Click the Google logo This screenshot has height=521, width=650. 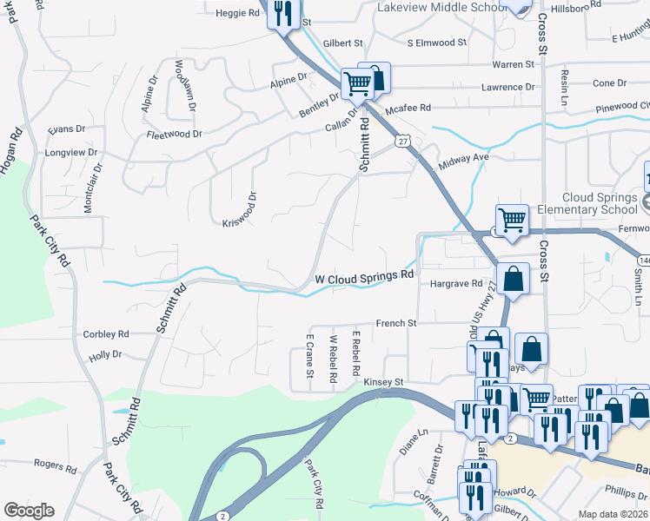point(29,511)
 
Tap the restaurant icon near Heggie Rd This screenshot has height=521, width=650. point(282,13)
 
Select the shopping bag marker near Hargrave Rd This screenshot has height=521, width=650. point(514,280)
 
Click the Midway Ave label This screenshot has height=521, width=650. point(466,159)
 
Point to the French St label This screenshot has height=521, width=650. point(396,324)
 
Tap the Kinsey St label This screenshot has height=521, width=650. point(385,381)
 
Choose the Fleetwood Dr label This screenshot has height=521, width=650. point(174,135)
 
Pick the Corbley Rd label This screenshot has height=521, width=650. point(106,333)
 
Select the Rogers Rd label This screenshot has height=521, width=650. point(56,465)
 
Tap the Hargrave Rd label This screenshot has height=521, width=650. point(455,284)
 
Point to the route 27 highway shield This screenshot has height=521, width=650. point(401,140)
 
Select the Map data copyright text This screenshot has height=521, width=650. point(614,514)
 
